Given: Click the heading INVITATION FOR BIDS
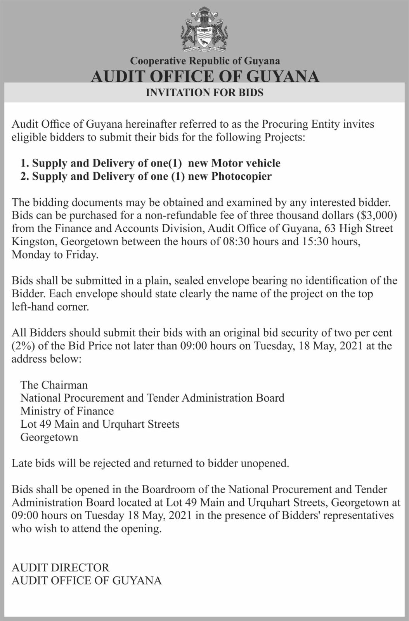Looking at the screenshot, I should point(204,92).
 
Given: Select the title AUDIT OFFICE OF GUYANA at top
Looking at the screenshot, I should point(204,76).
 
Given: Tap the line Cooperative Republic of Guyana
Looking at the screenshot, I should point(204,61).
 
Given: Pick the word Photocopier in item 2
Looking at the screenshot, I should point(241,176).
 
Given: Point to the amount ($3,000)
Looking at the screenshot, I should point(375,215).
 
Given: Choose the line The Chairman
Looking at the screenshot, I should point(54,385).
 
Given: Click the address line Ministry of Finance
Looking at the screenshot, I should point(67,411).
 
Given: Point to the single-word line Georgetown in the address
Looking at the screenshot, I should point(49,437).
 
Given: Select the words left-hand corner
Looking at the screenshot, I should point(50,307).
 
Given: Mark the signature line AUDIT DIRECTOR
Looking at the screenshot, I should point(61,567).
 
